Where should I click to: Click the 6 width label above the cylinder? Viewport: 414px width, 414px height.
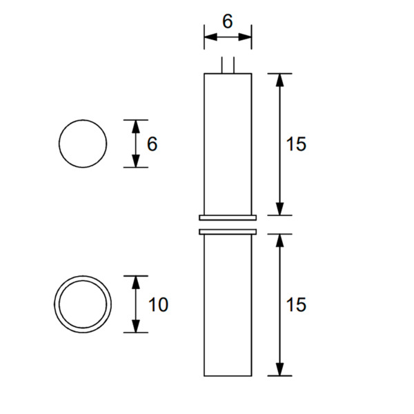click(x=227, y=21)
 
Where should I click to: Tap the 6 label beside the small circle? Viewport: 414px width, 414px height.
click(x=152, y=144)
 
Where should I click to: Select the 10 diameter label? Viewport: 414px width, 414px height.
click(x=158, y=304)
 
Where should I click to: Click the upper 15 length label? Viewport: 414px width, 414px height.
click(x=295, y=144)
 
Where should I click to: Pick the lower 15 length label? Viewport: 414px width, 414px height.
click(x=295, y=304)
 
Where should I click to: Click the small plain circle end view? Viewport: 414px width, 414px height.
click(x=83, y=144)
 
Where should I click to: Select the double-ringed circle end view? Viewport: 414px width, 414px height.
click(x=83, y=304)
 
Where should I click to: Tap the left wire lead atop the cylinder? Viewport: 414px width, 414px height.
click(x=221, y=66)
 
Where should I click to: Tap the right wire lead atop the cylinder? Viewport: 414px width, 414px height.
click(x=235, y=66)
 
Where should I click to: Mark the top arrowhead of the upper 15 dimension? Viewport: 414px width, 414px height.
click(x=279, y=79)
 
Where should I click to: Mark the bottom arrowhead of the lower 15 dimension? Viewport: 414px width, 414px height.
click(x=279, y=370)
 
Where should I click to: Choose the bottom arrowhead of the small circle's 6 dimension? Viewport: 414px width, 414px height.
click(x=136, y=161)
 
